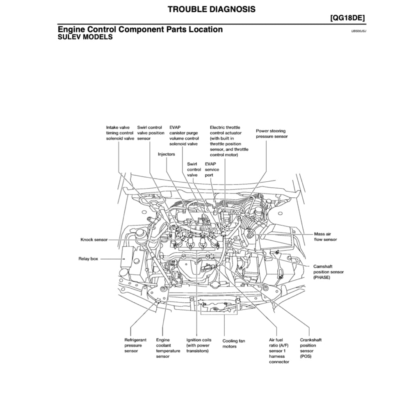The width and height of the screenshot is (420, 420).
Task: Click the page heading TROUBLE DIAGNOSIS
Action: pyautogui.click(x=211, y=9)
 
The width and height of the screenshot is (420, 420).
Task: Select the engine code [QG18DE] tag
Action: pyautogui.click(x=347, y=18)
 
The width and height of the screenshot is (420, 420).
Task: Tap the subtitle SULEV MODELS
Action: pyautogui.click(x=85, y=37)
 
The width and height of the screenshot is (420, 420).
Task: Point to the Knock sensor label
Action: pyautogui.click(x=94, y=240)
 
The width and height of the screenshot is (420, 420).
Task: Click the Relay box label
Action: pyautogui.click(x=88, y=259)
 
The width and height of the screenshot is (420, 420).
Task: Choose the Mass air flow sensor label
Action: pyautogui.click(x=325, y=237)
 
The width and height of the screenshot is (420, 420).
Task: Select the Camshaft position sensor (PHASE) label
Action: pyautogui.click(x=328, y=272)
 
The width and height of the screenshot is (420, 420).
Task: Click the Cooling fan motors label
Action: pyautogui.click(x=234, y=344)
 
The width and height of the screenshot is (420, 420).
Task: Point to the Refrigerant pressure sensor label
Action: pyautogui.click(x=135, y=345)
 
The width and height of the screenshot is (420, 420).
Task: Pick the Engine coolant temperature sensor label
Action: pyautogui.click(x=168, y=348)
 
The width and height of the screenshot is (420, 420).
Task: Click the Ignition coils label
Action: pyautogui.click(x=199, y=345)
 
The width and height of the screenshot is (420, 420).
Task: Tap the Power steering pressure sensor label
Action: pyautogui.click(x=272, y=134)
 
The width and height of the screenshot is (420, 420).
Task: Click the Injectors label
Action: pyautogui.click(x=167, y=154)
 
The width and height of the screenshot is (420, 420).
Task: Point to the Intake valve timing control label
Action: pyautogui.click(x=120, y=133)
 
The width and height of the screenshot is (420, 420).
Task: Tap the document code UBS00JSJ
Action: pyautogui.click(x=358, y=31)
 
